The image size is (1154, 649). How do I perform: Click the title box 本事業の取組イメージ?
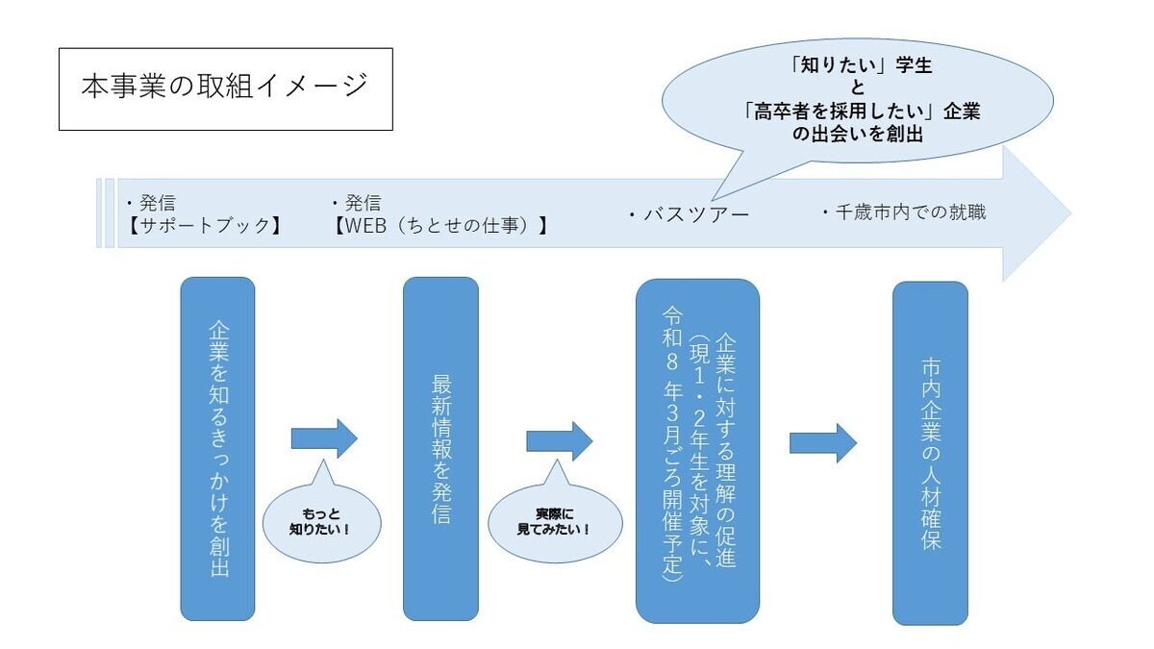[225, 88]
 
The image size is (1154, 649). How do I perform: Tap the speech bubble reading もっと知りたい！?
[321, 522]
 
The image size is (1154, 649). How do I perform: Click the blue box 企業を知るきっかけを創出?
[217, 448]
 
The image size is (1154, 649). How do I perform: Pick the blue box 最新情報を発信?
[440, 448]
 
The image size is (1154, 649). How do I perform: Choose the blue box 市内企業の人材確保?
[930, 453]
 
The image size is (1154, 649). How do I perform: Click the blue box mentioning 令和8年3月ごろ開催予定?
[697, 451]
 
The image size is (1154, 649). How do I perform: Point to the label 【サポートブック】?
[204, 227]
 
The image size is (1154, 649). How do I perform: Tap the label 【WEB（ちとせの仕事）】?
[439, 227]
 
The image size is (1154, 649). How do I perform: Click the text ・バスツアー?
[689, 214]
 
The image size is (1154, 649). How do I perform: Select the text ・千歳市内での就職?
[904, 212]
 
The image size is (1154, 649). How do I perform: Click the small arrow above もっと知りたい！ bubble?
[324, 438]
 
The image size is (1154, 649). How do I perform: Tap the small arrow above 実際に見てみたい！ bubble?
[559, 439]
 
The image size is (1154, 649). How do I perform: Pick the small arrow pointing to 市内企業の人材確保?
[823, 442]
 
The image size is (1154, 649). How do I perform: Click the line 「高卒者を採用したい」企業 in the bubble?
[862, 112]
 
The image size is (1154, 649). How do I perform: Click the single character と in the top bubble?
[858, 89]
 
